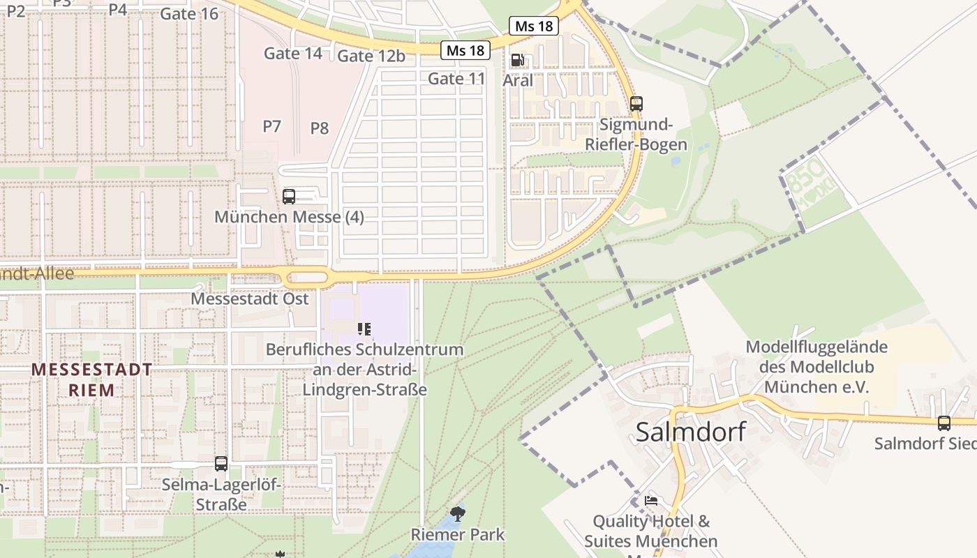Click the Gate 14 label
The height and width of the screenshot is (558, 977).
click(293, 53)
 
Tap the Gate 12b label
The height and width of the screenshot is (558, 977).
click(371, 56)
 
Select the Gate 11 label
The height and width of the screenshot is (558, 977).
click(456, 79)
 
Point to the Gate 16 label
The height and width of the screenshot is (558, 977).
click(189, 14)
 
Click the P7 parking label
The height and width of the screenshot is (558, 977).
click(271, 126)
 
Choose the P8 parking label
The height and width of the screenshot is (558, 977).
click(319, 128)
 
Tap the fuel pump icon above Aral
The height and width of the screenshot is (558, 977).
click(517, 61)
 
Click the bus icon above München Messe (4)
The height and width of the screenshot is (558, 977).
click(289, 197)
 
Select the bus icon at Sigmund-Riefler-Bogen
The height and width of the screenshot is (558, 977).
click(636, 104)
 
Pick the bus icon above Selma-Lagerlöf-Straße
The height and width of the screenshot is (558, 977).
click(221, 463)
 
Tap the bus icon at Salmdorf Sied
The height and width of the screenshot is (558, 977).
click(944, 423)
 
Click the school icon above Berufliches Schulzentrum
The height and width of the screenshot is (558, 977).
click(364, 329)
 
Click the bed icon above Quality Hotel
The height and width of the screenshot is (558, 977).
click(650, 501)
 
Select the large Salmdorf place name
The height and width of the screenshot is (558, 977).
click(689, 432)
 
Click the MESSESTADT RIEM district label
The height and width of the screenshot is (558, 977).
click(91, 379)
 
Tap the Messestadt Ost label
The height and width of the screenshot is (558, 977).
click(249, 299)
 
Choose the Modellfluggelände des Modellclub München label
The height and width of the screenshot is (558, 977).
click(816, 367)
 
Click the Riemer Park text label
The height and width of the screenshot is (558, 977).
click(457, 535)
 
